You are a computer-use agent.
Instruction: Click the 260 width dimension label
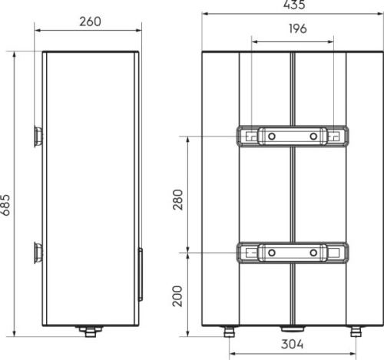[x=90, y=21]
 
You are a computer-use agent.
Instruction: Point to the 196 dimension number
[x=294, y=29]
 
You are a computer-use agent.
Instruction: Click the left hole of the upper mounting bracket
[x=272, y=137]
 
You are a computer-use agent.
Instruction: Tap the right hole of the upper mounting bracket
[x=314, y=137]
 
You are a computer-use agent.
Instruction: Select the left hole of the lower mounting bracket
[x=272, y=252]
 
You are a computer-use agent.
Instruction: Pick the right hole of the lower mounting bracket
[x=314, y=252]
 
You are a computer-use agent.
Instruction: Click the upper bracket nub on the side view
[x=38, y=137]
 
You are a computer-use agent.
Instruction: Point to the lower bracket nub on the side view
[x=38, y=252]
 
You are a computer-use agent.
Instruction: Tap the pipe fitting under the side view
[x=90, y=332]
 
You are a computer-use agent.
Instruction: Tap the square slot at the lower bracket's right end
[x=336, y=252]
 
